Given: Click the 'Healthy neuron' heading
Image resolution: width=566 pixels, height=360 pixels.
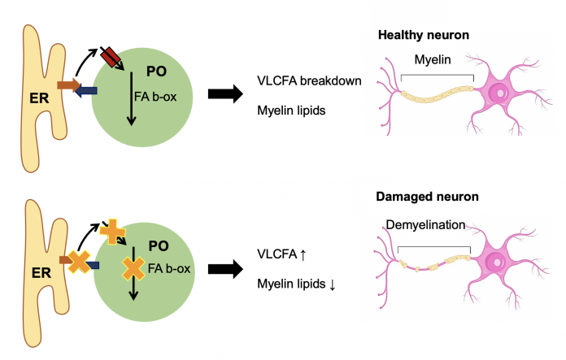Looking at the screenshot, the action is [424, 35].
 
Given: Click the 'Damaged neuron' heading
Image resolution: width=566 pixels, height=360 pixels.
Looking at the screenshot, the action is [427, 197].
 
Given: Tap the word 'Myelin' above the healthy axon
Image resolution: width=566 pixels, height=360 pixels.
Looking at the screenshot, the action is [433, 59].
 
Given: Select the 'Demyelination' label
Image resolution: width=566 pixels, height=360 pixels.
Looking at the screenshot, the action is [425, 225].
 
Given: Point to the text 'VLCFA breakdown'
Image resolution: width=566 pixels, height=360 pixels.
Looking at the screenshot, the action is [309, 80].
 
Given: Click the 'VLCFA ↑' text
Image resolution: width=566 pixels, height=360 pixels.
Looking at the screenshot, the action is [281, 254].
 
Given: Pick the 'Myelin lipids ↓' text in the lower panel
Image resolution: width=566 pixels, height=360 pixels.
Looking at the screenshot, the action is [296, 284].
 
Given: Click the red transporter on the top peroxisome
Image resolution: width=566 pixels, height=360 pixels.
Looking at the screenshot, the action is [110, 57].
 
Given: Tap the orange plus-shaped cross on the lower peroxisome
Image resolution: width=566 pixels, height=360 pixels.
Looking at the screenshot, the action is [112, 232].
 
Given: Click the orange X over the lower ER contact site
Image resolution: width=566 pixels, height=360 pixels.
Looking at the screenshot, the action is [79, 262].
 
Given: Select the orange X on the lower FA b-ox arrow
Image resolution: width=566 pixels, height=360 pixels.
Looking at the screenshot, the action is [133, 268].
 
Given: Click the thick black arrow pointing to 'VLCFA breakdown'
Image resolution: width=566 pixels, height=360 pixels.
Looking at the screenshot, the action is [225, 94].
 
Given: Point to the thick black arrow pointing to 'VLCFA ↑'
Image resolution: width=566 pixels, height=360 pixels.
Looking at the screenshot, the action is [225, 269].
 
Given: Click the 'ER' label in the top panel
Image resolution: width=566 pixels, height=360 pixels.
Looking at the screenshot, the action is [39, 98].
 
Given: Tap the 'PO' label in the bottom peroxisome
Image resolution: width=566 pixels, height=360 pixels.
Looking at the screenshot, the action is [159, 246].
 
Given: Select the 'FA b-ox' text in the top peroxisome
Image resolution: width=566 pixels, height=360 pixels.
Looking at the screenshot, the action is [155, 97].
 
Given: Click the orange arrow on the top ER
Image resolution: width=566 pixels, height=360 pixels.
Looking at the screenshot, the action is [68, 85].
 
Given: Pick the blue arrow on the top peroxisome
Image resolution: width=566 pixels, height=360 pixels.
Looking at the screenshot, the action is [85, 90].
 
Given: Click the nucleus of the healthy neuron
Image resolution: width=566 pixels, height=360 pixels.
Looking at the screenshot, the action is [499, 93].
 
